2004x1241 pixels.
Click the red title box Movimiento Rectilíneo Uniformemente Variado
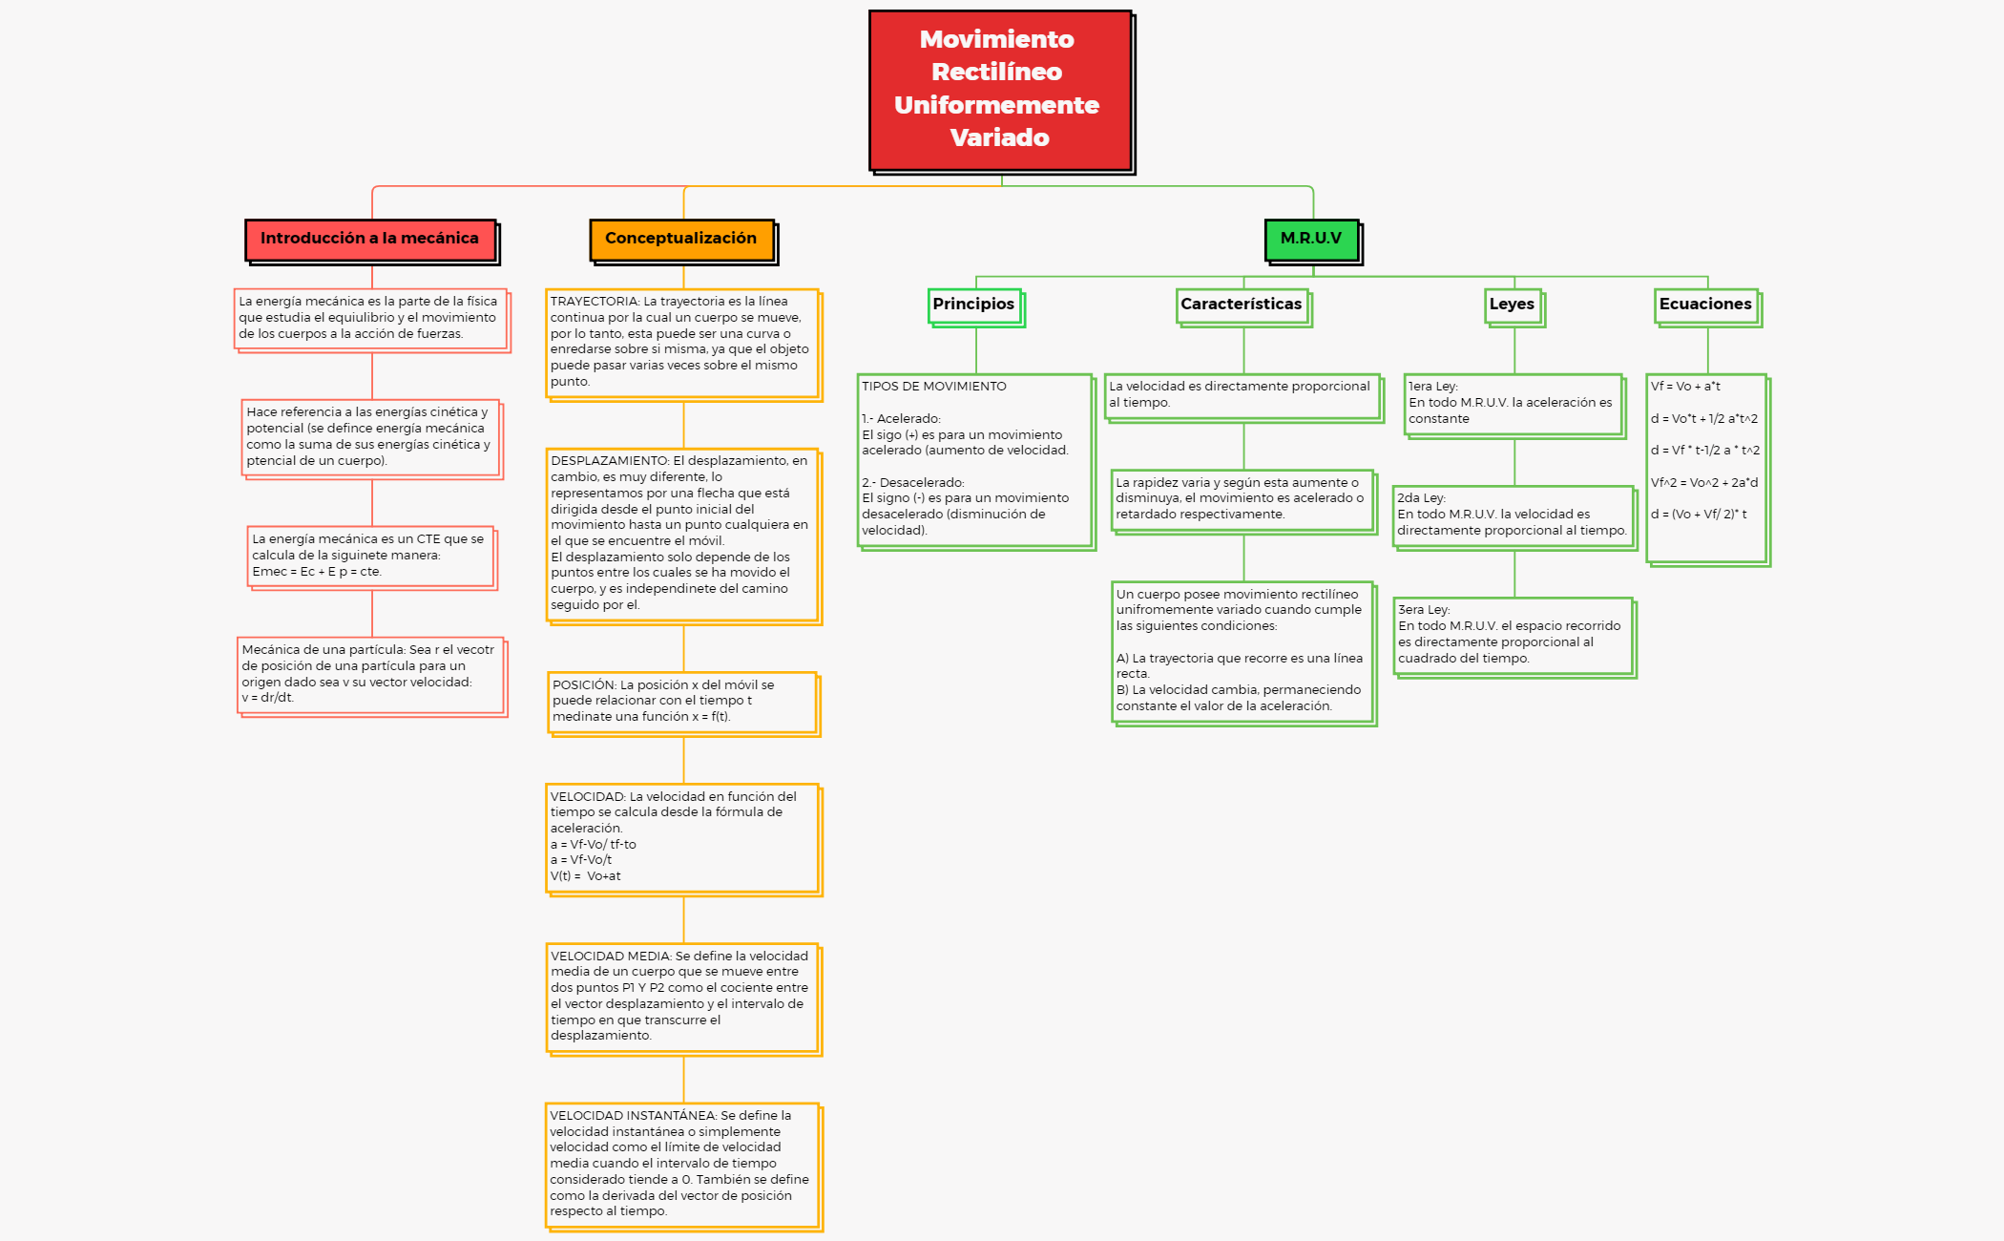[999, 90]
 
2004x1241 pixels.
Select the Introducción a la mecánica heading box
[370, 239]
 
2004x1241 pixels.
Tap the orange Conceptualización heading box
[681, 239]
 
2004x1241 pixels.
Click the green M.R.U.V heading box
[1311, 239]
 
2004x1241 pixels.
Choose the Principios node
[974, 305]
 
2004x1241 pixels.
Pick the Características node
[1242, 305]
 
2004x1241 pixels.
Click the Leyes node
[1513, 305]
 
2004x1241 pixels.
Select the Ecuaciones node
[1706, 305]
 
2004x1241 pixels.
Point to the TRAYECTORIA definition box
[682, 342]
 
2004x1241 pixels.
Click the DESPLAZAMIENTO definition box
[682, 533]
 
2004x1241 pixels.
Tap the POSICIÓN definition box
[682, 701]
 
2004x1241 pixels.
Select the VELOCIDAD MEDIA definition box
[682, 996]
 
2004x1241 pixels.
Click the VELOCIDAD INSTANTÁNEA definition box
[682, 1164]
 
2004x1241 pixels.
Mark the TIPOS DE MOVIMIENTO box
[974, 459]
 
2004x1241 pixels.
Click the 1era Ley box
[1513, 404]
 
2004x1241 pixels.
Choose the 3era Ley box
[1513, 635]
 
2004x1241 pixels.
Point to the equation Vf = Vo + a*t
[1686, 387]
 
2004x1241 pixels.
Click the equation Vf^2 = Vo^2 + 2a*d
[1704, 483]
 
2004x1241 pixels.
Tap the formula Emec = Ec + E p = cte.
[317, 572]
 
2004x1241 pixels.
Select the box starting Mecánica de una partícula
[370, 674]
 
